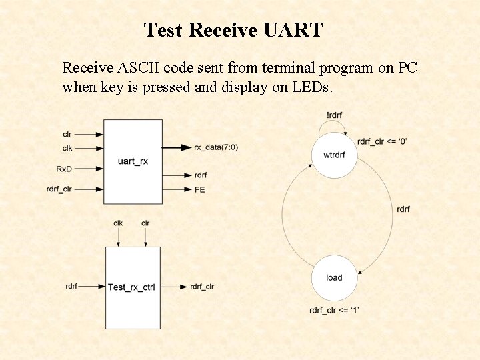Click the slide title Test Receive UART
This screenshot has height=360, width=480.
(x=233, y=30)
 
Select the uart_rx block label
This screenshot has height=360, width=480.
(x=133, y=162)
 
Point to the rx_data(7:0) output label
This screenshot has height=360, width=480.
(x=215, y=147)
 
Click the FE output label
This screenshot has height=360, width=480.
(x=199, y=190)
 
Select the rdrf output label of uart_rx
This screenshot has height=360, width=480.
(x=201, y=175)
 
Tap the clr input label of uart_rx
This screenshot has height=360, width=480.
(x=67, y=135)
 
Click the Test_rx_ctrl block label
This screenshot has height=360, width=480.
(x=132, y=287)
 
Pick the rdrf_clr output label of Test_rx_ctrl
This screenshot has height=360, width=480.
(x=202, y=287)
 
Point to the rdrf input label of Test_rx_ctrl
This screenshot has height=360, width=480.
(x=71, y=286)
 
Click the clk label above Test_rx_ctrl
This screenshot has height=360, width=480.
(x=118, y=223)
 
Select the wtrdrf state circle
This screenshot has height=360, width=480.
(x=334, y=155)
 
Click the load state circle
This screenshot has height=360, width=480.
(x=334, y=278)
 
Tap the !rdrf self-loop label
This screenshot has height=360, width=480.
(x=334, y=115)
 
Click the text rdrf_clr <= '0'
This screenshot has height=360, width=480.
(x=382, y=141)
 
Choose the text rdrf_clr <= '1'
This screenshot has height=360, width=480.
(x=335, y=311)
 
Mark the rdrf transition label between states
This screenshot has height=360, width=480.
(x=403, y=209)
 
